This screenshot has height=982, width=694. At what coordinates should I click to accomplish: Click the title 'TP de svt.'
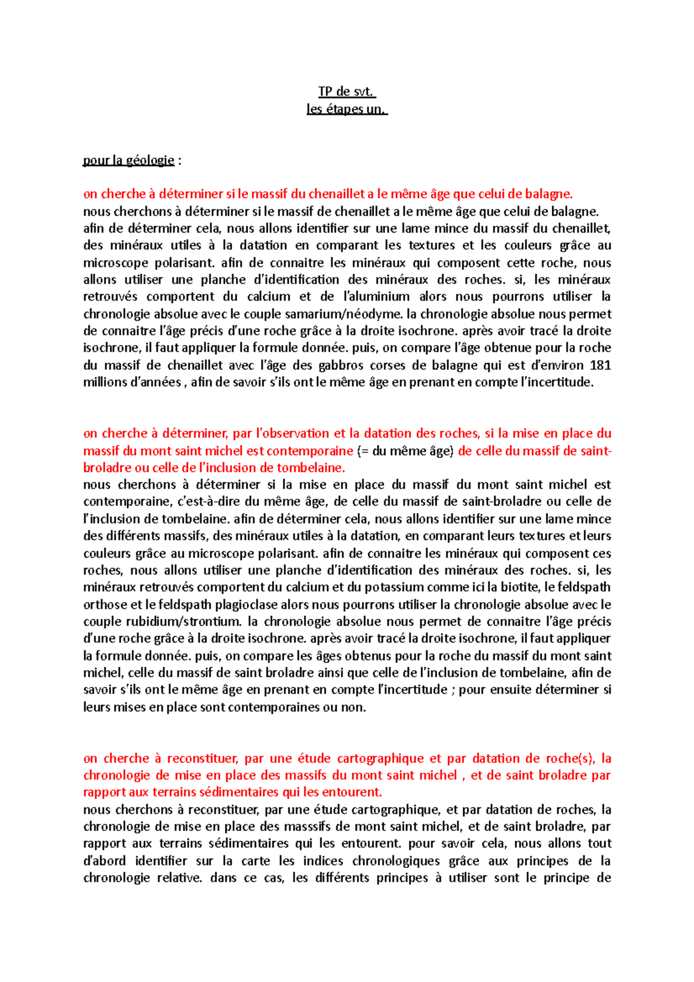tap(346, 91)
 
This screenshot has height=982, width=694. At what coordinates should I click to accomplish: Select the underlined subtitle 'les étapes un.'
tap(346, 109)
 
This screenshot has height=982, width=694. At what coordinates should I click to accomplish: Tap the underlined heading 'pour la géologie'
tap(128, 160)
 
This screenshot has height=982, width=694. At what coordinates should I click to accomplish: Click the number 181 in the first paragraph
tap(600, 365)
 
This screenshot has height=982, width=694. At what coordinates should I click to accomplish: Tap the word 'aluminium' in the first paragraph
tap(377, 297)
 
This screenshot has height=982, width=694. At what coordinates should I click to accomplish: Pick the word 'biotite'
tap(520, 588)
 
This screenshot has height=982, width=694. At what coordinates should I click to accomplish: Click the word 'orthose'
tap(105, 605)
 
